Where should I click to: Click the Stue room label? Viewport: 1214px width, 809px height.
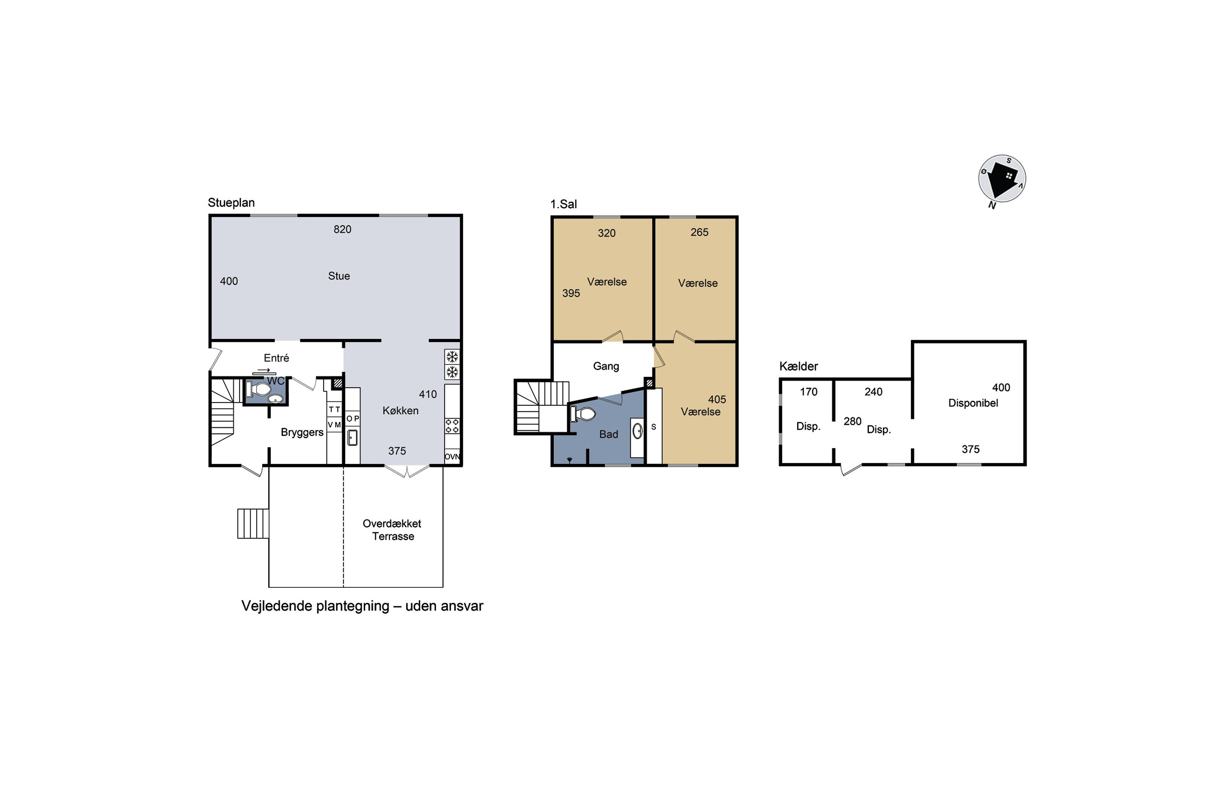coord(339,276)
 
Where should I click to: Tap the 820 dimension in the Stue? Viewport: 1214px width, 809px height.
coord(342,229)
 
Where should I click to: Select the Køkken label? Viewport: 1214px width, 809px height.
coord(401,411)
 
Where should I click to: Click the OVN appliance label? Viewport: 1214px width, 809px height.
coord(452,457)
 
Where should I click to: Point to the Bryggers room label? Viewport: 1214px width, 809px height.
coord(302,432)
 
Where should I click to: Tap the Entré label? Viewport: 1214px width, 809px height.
coord(276,358)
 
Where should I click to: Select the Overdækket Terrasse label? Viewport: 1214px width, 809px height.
coord(392,530)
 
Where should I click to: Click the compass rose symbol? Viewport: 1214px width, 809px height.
coord(1002,178)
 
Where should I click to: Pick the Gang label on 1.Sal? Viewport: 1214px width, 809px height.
coord(606,366)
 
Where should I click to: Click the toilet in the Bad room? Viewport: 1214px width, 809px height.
coord(583,414)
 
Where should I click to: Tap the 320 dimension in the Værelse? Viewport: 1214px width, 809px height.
coord(607,233)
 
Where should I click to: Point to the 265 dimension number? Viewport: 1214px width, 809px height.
coord(699,232)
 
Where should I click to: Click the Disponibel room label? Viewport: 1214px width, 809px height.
coord(973,403)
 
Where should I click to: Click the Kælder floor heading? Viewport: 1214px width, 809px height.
coord(798,366)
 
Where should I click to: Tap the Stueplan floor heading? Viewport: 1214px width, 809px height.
coord(231,203)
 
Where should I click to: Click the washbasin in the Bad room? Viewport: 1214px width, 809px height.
coord(637,431)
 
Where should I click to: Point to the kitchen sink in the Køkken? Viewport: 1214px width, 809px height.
coord(352,438)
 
